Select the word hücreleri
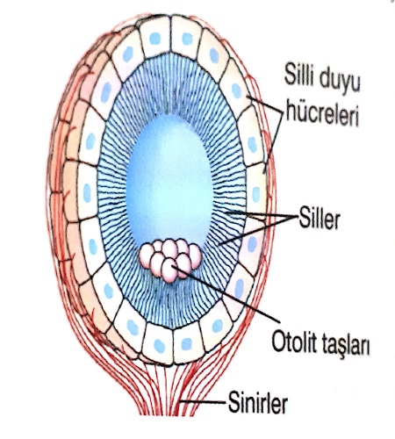[x=322, y=114]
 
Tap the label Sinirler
[x=258, y=404]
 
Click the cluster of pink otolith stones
[x=170, y=260]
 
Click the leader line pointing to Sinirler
[x=203, y=402]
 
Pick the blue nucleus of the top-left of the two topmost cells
[x=155, y=39]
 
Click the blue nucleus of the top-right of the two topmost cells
[x=188, y=39]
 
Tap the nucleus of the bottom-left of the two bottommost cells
[x=160, y=346]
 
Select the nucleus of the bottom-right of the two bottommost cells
[x=187, y=344]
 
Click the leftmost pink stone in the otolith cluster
[x=147, y=255]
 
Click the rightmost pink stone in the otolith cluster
[x=195, y=256]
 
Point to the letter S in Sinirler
[x=233, y=404]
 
